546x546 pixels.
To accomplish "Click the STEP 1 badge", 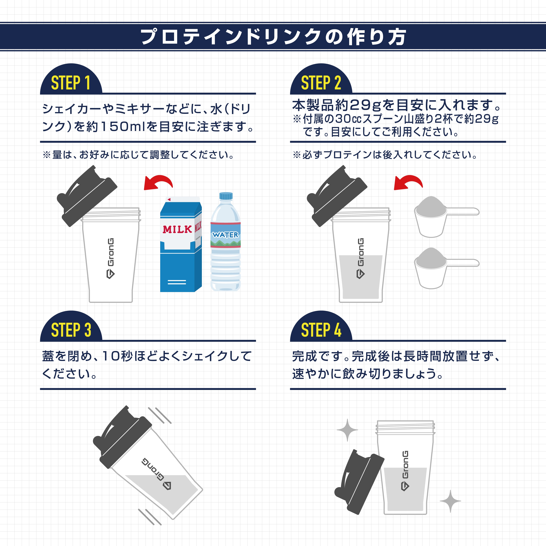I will click(x=71, y=83).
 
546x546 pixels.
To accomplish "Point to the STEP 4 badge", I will click(x=321, y=330).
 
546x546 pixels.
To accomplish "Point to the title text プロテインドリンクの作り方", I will click(x=273, y=37).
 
